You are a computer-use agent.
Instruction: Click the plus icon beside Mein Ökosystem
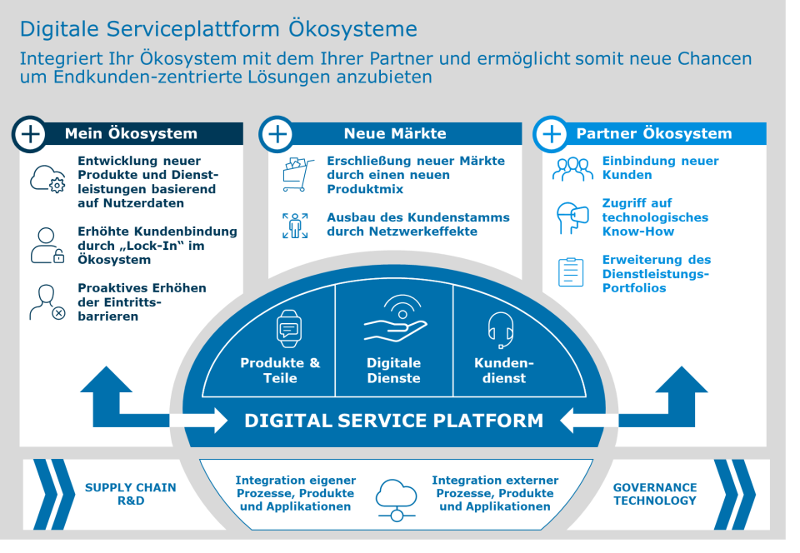coord(31,134)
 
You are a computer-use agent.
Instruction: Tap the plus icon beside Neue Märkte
coord(277,134)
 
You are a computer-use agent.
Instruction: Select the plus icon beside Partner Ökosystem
coord(551,134)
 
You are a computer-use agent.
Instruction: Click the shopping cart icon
coord(295,175)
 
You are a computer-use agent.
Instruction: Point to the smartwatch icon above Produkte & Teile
coord(288,328)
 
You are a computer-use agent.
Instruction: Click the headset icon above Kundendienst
coord(500,330)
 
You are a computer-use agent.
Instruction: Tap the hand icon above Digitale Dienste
coord(395,321)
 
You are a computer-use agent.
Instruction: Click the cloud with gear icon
coord(47,180)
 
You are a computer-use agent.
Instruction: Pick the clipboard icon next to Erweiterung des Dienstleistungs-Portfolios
coord(571,272)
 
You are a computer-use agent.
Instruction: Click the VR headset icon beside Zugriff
coord(572,218)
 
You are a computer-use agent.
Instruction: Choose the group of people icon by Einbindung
coord(572,169)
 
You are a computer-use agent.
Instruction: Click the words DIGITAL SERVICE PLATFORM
coord(393,421)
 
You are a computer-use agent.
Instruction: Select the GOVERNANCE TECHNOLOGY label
coord(654,494)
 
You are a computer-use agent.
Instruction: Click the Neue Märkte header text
coord(395,133)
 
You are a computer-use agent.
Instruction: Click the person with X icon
coord(47,302)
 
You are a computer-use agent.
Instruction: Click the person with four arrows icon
coord(295,226)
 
